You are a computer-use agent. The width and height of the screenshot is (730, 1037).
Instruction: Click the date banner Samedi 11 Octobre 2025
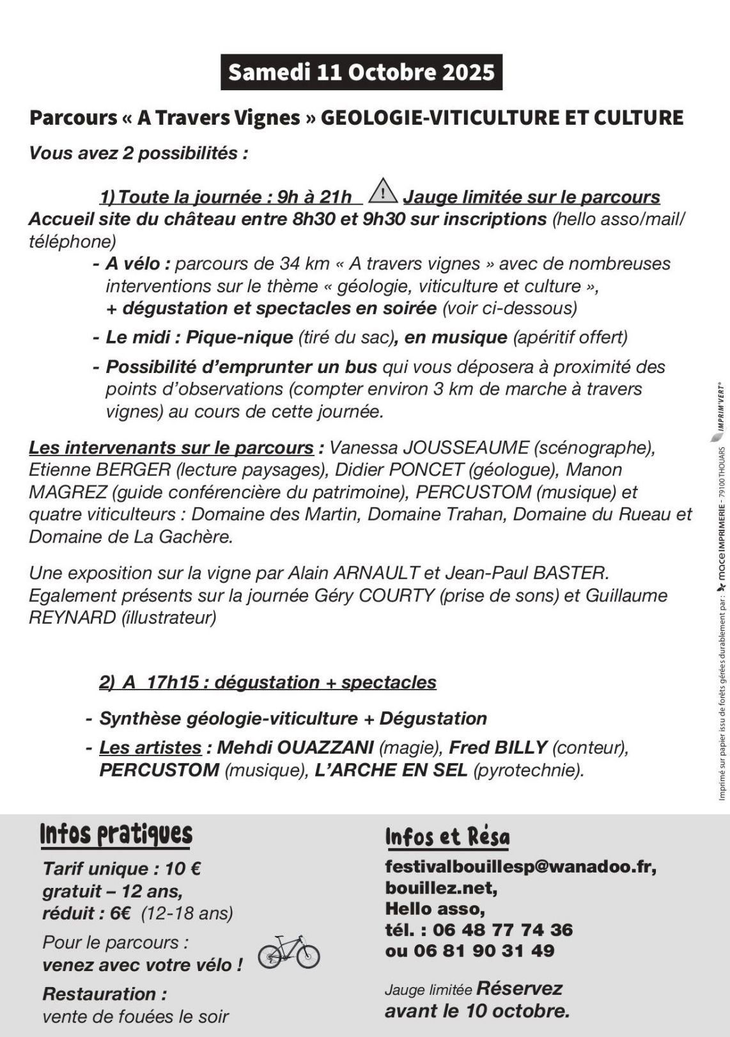pyautogui.click(x=361, y=72)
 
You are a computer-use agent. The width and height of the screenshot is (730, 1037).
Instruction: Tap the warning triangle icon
pyautogui.click(x=383, y=191)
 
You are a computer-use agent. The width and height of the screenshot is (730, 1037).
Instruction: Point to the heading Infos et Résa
pyautogui.click(x=447, y=837)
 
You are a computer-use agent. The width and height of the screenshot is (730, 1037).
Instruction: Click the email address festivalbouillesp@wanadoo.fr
pyautogui.click(x=520, y=867)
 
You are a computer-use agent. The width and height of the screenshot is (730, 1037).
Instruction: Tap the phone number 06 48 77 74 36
pyautogui.click(x=502, y=930)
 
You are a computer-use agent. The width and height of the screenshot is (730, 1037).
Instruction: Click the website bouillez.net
pyautogui.click(x=441, y=888)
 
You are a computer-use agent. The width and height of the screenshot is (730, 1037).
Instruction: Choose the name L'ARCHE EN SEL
pyautogui.click(x=391, y=770)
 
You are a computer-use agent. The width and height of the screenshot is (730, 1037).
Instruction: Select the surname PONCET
pyautogui.click(x=426, y=470)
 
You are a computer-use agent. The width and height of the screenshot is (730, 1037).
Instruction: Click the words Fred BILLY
pyautogui.click(x=498, y=747)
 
